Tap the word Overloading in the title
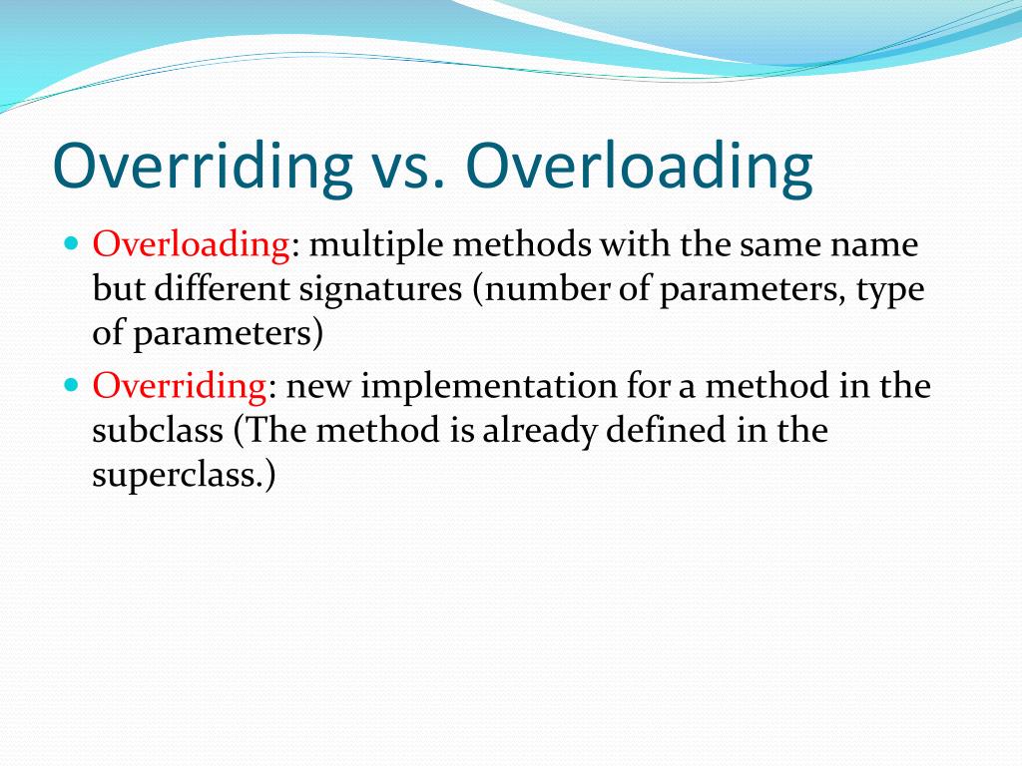639,167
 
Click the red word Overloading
191,244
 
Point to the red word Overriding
180,386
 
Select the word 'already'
544,431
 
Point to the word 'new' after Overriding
318,386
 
